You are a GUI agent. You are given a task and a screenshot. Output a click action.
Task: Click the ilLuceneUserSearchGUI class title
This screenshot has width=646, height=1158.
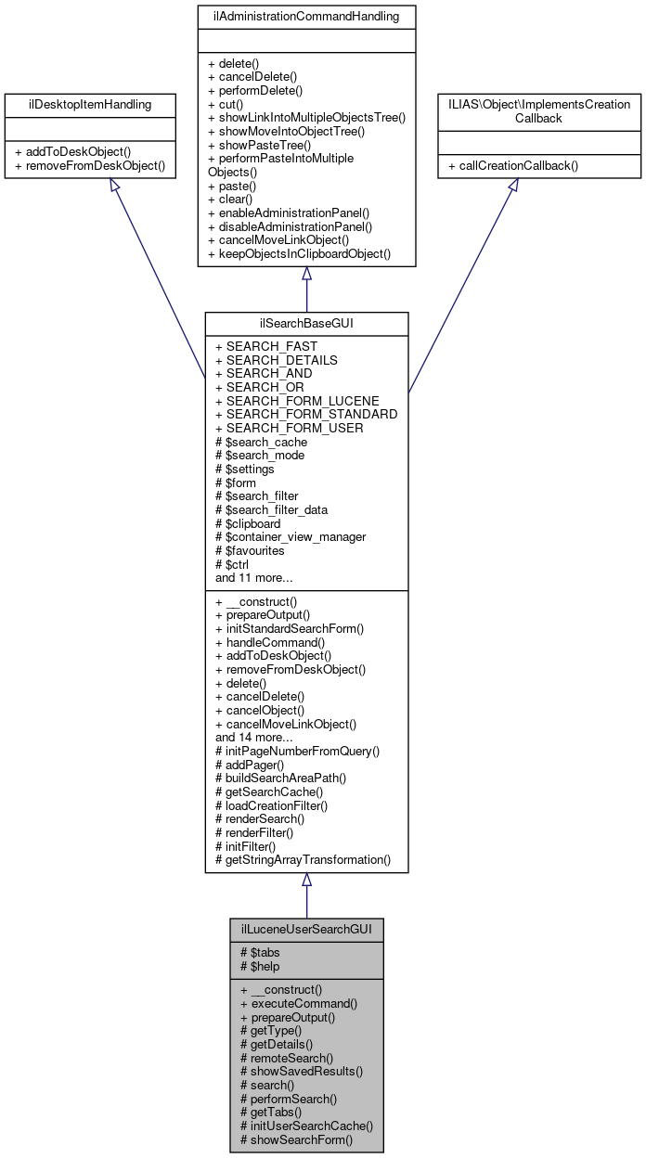click(x=306, y=929)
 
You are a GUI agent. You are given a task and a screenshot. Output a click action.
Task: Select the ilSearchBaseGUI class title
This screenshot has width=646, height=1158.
click(x=306, y=323)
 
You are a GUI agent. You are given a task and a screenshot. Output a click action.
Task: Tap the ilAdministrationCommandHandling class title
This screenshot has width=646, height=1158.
click(x=306, y=17)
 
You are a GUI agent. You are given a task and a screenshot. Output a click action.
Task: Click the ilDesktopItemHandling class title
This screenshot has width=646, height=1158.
click(x=90, y=103)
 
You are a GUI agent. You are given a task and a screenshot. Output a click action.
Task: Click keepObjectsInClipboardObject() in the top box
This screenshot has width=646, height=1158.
click(x=300, y=253)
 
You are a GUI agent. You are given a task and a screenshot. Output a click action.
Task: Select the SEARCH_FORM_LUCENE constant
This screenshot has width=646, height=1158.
click(x=297, y=401)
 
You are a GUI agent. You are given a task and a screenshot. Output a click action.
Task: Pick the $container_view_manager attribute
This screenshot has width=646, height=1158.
click(x=290, y=536)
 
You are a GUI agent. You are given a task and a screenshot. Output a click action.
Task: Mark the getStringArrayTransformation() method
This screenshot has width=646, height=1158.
click(x=303, y=859)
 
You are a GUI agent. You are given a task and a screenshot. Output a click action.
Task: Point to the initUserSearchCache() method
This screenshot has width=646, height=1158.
click(x=306, y=1126)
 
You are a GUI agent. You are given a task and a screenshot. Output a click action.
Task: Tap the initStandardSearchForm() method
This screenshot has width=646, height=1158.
click(x=289, y=628)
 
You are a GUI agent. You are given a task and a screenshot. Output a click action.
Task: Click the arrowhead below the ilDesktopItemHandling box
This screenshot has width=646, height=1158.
click(x=115, y=186)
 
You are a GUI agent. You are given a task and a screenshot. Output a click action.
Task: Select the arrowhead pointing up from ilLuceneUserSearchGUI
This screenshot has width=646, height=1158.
click(x=306, y=880)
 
